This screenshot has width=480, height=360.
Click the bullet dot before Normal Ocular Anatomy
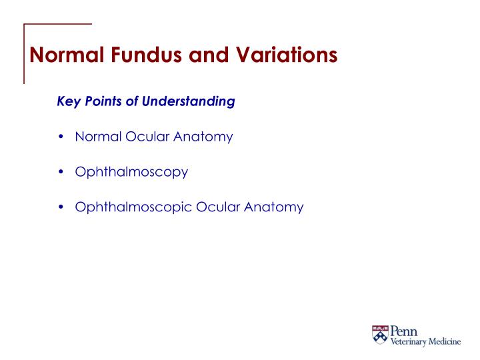click(x=61, y=137)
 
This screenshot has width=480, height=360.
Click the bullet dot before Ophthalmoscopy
click(x=61, y=172)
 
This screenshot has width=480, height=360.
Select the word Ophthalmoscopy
click(x=131, y=172)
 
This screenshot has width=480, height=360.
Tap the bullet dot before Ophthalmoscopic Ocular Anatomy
click(x=61, y=207)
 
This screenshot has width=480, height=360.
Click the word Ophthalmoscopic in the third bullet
click(x=134, y=207)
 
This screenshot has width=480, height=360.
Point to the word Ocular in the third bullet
click(x=217, y=207)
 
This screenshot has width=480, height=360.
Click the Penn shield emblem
click(x=380, y=335)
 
